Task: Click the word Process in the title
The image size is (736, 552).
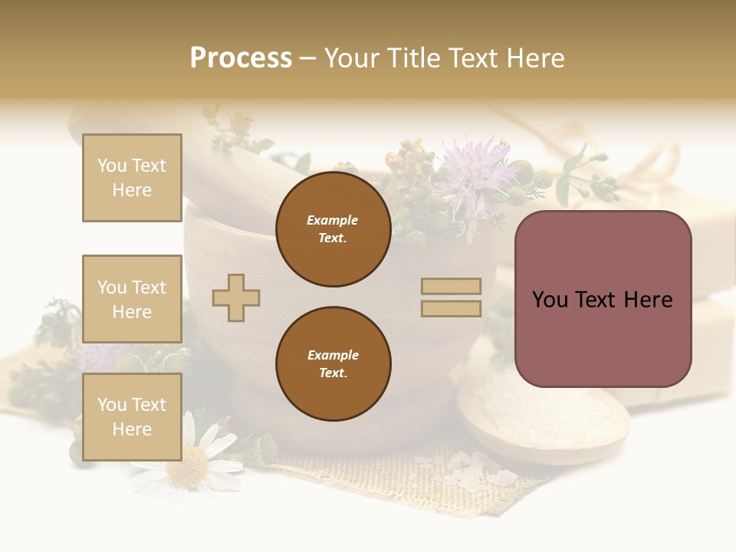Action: pyautogui.click(x=241, y=58)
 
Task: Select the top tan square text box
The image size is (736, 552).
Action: pyautogui.click(x=132, y=178)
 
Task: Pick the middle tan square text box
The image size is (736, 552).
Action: pyautogui.click(x=132, y=299)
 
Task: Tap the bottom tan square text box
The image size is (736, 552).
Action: pyautogui.click(x=132, y=417)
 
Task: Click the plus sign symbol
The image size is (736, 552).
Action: pyautogui.click(x=236, y=297)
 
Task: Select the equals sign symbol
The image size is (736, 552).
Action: pyautogui.click(x=451, y=297)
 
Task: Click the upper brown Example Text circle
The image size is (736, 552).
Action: pyautogui.click(x=333, y=229)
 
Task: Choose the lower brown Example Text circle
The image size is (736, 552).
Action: pyautogui.click(x=333, y=364)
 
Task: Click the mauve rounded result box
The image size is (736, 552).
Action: pyautogui.click(x=603, y=299)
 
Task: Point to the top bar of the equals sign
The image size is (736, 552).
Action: pyautogui.click(x=451, y=287)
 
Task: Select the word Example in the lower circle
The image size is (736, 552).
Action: pyautogui.click(x=333, y=355)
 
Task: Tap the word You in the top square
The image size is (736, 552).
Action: pyautogui.click(x=112, y=166)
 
